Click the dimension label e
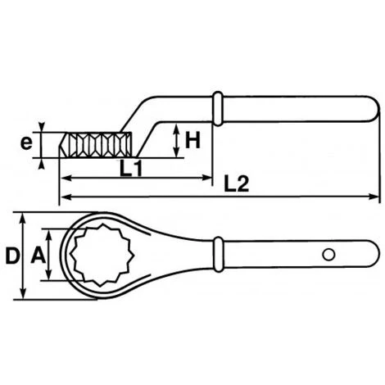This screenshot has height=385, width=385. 26,143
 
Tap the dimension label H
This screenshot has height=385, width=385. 193,140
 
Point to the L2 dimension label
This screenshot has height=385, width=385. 237,183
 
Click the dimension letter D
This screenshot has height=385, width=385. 12,256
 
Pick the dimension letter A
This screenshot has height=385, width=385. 38,256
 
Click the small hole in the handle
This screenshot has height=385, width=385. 328,255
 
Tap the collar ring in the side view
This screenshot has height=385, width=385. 218,108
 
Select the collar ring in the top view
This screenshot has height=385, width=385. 219,255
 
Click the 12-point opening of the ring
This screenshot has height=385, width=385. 102,255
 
